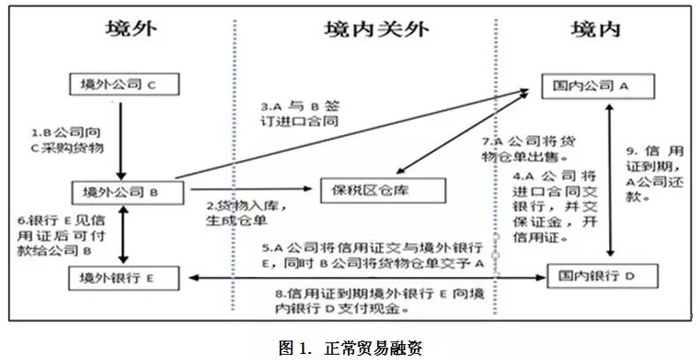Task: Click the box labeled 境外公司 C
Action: (124, 86)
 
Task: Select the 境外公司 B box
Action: (124, 191)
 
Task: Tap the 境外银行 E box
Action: (124, 279)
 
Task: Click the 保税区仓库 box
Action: (375, 190)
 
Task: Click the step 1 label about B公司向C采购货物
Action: (67, 140)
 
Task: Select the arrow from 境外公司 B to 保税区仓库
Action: (247, 189)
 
